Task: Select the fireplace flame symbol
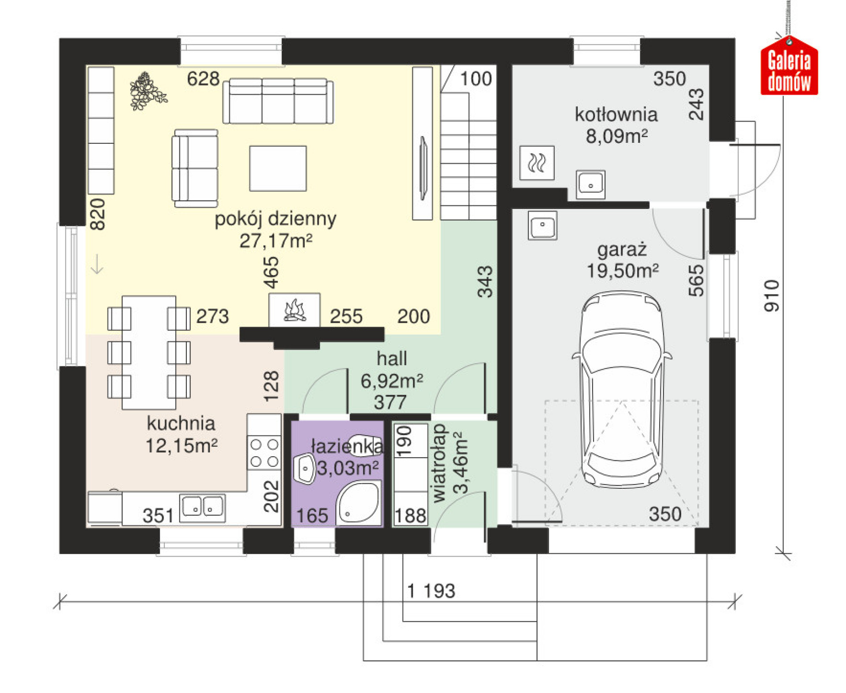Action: (295, 310)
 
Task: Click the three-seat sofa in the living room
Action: (278, 101)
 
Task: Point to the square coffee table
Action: (278, 168)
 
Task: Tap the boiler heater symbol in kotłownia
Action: (537, 163)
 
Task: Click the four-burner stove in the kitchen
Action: (264, 452)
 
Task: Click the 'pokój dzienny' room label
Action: (275, 219)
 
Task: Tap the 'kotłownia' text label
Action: (616, 115)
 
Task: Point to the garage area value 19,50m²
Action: (622, 270)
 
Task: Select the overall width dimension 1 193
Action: (430, 591)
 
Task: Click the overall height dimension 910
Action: (772, 296)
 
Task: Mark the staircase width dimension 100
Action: (476, 79)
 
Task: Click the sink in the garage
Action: (542, 225)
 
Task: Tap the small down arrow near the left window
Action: (97, 264)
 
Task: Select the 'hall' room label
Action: (392, 358)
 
